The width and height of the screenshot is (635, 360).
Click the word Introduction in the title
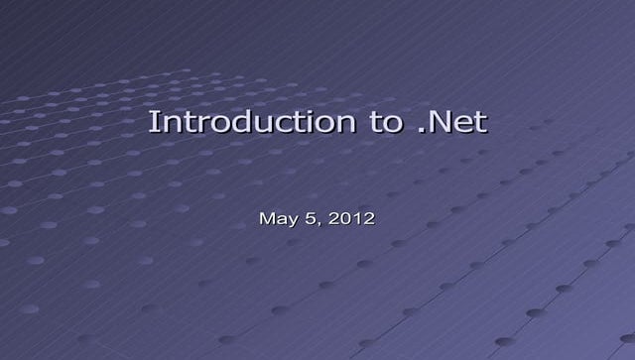(x=248, y=123)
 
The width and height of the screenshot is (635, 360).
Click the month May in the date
(x=276, y=218)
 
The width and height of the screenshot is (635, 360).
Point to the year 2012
(x=352, y=217)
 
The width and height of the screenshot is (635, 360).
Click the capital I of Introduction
(x=153, y=123)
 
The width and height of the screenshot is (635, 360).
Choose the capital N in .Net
(x=440, y=123)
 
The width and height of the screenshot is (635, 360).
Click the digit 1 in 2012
(x=357, y=217)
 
